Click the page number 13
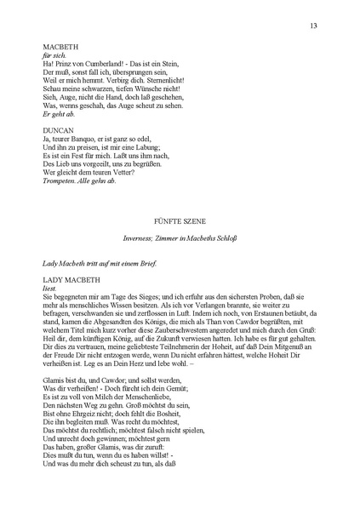click(x=313, y=26)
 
